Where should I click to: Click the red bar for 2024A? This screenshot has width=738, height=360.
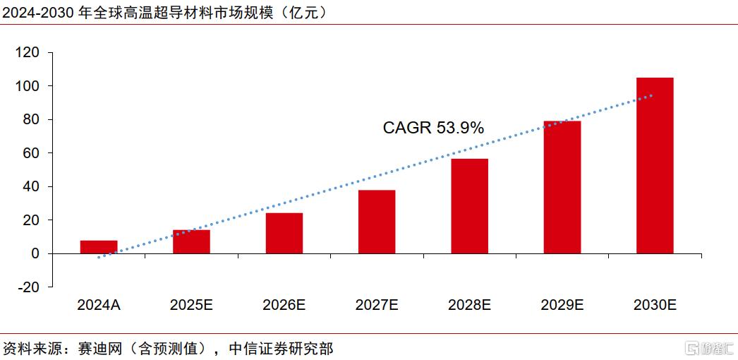coord(99,247)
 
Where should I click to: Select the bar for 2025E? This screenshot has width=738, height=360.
coord(192,242)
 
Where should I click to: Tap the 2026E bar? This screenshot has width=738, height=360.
coord(284,234)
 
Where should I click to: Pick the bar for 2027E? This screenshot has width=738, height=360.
coord(377,222)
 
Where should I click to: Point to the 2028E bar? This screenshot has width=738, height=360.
coord(469,206)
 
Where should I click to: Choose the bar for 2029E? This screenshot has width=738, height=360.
coord(562,187)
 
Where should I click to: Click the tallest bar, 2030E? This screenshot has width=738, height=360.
coord(655,166)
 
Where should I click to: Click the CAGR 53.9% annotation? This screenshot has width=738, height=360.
coord(433,128)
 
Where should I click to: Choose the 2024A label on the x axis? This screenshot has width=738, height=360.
coord(99,305)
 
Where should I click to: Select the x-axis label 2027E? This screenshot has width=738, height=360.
coord(377,305)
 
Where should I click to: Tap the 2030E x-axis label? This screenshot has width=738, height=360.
coord(655,305)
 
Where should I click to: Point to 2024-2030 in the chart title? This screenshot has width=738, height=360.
coord(37,13)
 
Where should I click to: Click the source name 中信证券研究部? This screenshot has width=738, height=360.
coord(281,348)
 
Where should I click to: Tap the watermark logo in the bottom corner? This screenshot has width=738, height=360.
coord(710,349)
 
